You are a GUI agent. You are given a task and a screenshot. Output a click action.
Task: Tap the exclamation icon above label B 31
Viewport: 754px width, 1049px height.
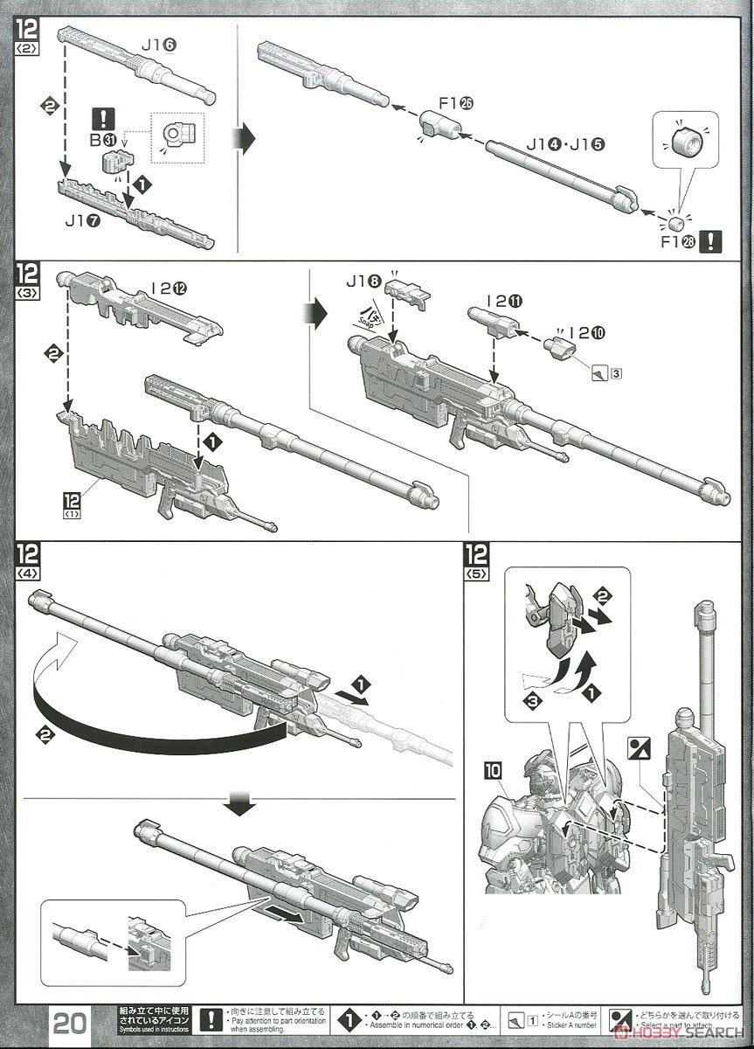click(x=107, y=117)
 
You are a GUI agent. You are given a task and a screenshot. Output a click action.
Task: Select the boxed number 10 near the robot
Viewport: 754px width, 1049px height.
click(x=491, y=770)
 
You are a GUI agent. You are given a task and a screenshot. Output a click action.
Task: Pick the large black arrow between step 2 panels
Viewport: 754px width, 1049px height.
click(x=246, y=137)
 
